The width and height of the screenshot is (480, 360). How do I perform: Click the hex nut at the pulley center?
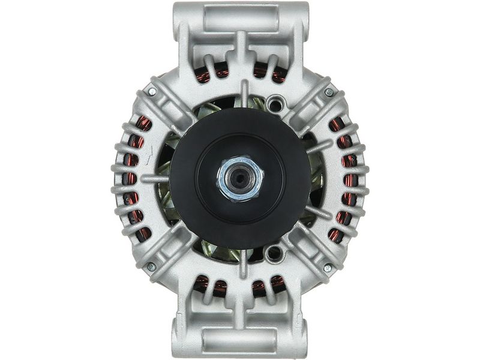(x=240, y=179)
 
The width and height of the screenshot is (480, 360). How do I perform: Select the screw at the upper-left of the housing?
(x=152, y=92)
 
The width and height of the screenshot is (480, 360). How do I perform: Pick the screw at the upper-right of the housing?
(x=328, y=92)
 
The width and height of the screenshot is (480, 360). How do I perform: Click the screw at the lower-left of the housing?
(x=151, y=266)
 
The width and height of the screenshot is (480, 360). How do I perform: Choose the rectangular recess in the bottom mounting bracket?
(x=240, y=340)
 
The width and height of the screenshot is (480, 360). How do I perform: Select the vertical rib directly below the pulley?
(x=244, y=264)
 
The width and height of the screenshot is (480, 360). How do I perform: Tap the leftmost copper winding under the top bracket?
(x=203, y=74)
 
